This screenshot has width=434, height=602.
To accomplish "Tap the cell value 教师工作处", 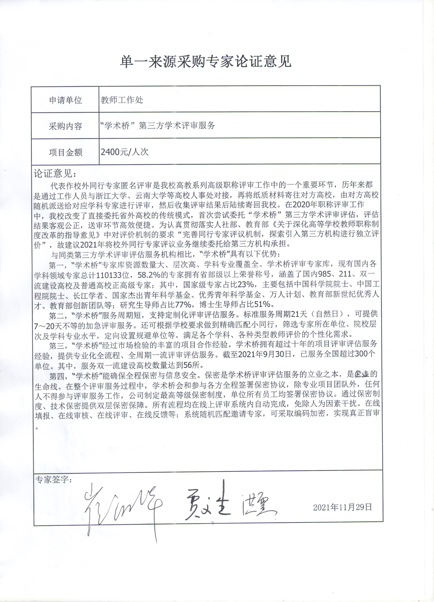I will pyautogui.click(x=122, y=100).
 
